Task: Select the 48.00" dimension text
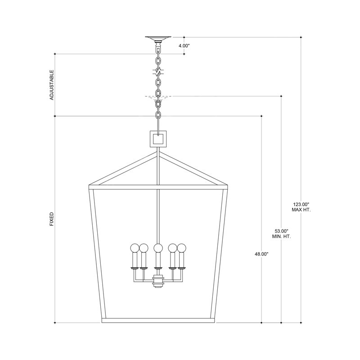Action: tap(261, 254)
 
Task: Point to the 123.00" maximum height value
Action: tap(301, 204)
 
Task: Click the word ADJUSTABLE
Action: tap(52, 85)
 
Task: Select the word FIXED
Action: tap(52, 219)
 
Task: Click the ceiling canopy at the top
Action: tap(158, 39)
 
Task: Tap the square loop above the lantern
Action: tap(158, 139)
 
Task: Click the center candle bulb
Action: tap(157, 247)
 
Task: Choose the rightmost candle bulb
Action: tap(181, 247)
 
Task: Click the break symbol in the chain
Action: tap(158, 71)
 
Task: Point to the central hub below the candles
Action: tap(157, 282)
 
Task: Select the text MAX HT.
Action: tap(301, 210)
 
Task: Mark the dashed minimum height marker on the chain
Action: tap(158, 96)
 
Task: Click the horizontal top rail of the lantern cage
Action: tap(157, 184)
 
